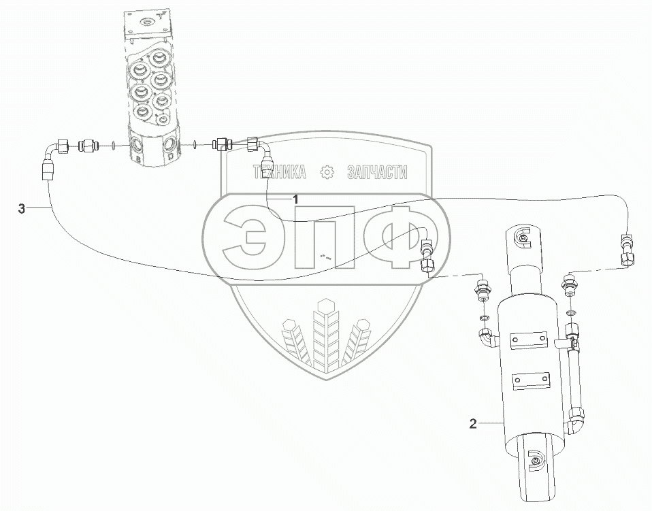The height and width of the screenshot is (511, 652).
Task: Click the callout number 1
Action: coord(295,199)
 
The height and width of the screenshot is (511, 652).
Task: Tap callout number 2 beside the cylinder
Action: coord(473,424)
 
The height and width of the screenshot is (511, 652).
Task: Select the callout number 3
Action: coord(22,209)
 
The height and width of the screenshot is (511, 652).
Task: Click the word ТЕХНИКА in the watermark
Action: coord(280,171)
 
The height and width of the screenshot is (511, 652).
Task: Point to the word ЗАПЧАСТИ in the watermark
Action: coord(377,172)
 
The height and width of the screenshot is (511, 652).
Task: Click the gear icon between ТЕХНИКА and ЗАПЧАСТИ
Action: coord(327,172)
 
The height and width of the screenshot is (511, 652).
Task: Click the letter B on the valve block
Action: coord(137,159)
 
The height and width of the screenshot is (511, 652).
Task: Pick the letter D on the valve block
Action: coord(170,156)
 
